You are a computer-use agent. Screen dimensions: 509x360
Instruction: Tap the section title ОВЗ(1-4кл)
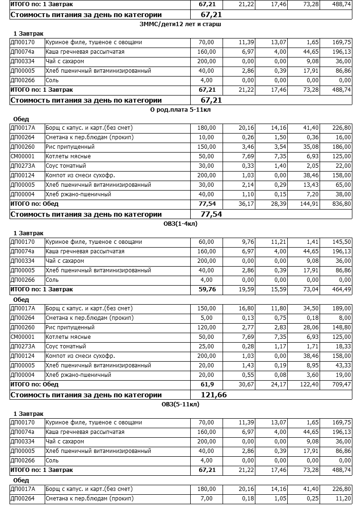point(180,224)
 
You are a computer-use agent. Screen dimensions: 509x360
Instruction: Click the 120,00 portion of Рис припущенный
point(206,327)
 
